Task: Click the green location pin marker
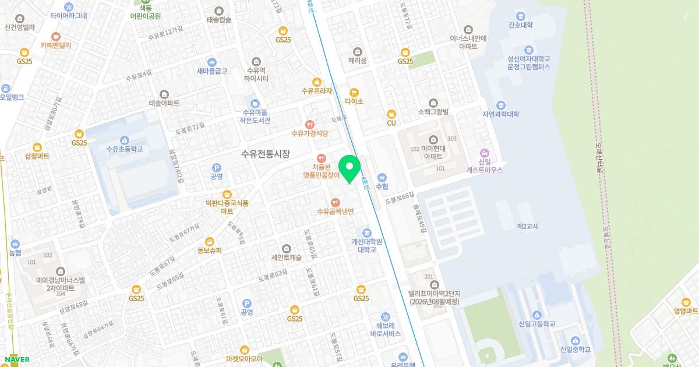[x=349, y=168]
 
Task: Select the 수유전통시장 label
[x=266, y=154]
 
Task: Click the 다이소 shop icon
[x=354, y=92]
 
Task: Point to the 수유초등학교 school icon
[x=124, y=140]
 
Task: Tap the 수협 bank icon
[x=382, y=177]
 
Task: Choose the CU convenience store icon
[x=391, y=114]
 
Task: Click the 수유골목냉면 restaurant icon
[x=335, y=202]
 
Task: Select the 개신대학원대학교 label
[x=367, y=245]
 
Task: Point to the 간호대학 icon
[x=520, y=16]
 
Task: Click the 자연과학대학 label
[x=500, y=114]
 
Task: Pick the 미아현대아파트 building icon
[x=433, y=140]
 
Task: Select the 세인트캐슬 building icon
[x=286, y=248]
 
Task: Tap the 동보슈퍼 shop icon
[x=210, y=241]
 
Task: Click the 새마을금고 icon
[x=211, y=62]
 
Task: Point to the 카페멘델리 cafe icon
[x=56, y=36]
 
